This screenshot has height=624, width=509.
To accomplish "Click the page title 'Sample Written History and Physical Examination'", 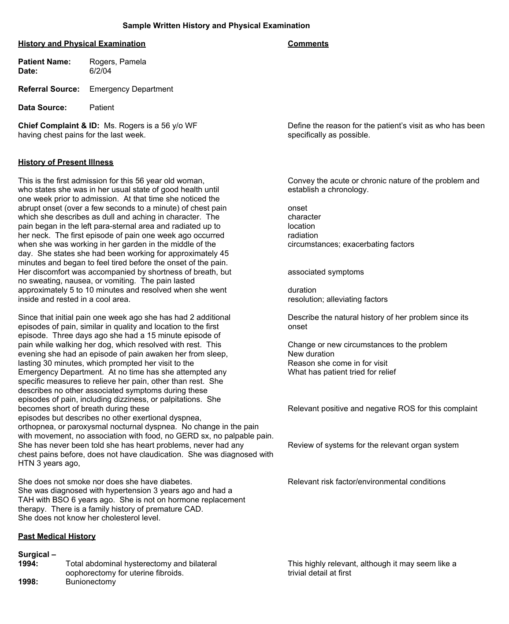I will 216,26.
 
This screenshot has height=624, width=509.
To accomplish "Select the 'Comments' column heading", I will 308,44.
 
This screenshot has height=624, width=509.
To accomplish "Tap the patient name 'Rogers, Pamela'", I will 118,62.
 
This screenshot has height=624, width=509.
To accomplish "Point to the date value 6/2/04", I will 100,71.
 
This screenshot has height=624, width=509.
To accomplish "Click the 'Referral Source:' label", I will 49,89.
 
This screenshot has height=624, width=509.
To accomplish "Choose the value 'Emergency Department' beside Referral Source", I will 131,89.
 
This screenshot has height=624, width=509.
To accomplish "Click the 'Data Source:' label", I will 42,108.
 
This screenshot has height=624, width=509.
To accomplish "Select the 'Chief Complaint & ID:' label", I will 59,126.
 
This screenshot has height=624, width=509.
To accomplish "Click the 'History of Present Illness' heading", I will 66,162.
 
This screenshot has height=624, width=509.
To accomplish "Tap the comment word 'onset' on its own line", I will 297,208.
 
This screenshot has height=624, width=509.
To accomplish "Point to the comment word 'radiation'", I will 303,235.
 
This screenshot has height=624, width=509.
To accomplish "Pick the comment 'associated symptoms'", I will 326,272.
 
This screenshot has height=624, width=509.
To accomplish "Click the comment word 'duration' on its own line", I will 302,290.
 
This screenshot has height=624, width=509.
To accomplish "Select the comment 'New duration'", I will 311,354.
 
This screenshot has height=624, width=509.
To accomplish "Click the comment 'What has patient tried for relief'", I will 342,372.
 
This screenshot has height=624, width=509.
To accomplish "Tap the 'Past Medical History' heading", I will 57,536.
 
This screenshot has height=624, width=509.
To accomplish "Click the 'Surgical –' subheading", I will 37,554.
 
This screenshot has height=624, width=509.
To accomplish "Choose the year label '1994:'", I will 28,564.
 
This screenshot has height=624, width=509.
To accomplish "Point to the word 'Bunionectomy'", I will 91,582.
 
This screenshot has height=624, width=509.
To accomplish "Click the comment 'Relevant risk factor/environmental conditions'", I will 366,482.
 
